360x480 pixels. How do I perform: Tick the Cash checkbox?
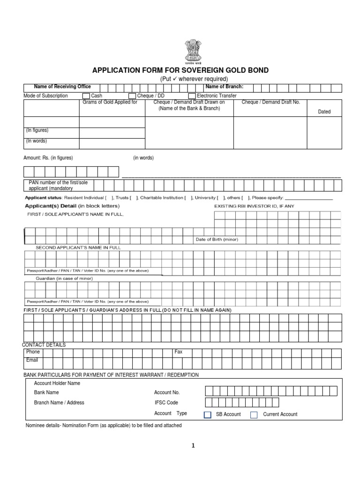coord(86,96)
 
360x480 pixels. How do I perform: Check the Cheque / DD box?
coord(132,96)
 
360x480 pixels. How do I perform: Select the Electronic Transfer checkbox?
coord(192,96)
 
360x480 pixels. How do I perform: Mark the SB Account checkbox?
coord(208,414)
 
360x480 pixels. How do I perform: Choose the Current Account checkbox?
coord(254,414)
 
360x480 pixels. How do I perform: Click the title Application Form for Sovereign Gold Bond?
coord(180,70)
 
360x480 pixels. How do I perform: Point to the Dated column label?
coord(324,112)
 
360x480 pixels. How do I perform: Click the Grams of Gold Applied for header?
coord(110,102)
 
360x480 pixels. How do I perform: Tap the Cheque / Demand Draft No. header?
coord(270,102)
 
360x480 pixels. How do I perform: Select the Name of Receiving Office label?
coord(62,87)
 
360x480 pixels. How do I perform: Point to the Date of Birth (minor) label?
coord(217,240)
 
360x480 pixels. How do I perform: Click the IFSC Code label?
coord(166,403)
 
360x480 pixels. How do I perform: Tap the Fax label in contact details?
coord(178,352)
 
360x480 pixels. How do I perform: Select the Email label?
coord(32,360)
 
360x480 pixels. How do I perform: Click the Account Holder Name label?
coord(57,383)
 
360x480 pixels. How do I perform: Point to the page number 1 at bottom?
coord(192,446)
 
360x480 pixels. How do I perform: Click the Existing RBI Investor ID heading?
coord(255,206)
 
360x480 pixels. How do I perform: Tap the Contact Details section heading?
coord(44,345)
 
